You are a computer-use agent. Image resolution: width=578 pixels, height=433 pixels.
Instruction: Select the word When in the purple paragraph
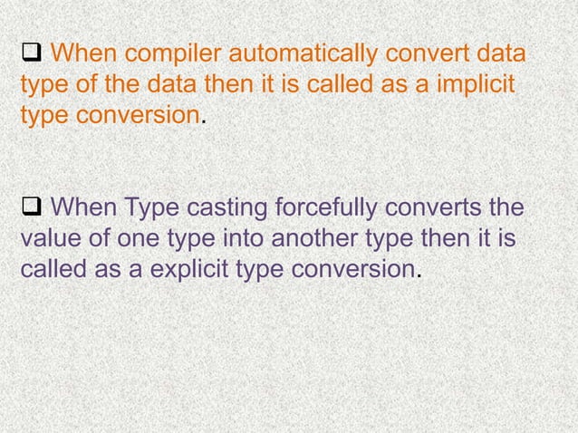80,209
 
